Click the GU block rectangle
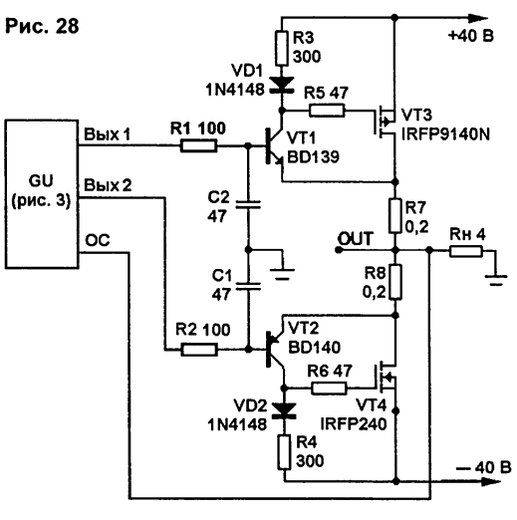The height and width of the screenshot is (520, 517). click(x=42, y=194)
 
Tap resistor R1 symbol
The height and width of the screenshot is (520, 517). click(x=198, y=145)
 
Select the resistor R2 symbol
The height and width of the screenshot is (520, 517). click(x=199, y=350)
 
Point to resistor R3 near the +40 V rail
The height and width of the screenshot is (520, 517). click(x=282, y=48)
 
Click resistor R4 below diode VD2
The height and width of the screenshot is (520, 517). click(x=284, y=452)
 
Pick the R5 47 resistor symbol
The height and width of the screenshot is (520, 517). click(x=327, y=111)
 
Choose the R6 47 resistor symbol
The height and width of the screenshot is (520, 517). click(x=329, y=388)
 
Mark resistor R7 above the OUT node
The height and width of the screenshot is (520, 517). click(x=395, y=216)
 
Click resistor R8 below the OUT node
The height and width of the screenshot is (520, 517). click(x=395, y=282)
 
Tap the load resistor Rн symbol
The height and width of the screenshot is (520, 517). click(x=466, y=251)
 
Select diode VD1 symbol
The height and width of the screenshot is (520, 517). click(x=282, y=85)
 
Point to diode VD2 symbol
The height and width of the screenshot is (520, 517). click(x=284, y=410)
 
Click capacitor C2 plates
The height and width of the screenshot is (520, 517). click(x=248, y=204)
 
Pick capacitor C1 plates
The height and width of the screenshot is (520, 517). click(x=248, y=286)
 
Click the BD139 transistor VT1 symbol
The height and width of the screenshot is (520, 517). click(x=274, y=146)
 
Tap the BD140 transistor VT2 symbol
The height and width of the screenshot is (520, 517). click(x=276, y=350)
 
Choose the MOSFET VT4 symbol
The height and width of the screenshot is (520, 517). click(x=386, y=378)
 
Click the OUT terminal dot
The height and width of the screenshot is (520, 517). click(x=339, y=250)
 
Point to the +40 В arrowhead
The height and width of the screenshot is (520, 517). click(x=478, y=18)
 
